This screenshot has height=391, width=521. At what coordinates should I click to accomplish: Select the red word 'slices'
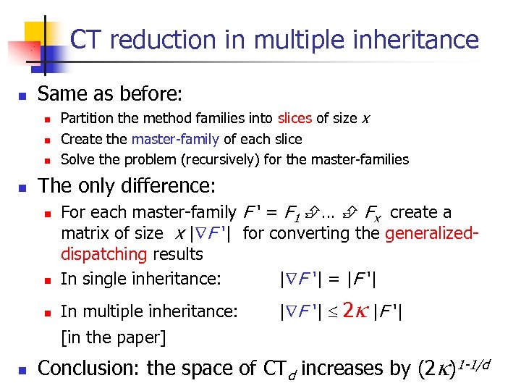click(296, 118)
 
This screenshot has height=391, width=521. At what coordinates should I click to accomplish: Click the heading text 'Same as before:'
click(110, 94)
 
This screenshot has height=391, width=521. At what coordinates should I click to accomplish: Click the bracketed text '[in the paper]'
click(113, 337)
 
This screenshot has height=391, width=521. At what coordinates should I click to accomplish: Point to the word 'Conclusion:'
click(89, 369)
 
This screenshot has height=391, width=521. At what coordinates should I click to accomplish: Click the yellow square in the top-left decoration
click(35, 33)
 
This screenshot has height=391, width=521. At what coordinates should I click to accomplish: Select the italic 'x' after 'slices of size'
click(366, 118)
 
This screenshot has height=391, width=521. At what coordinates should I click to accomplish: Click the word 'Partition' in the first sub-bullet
click(87, 118)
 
